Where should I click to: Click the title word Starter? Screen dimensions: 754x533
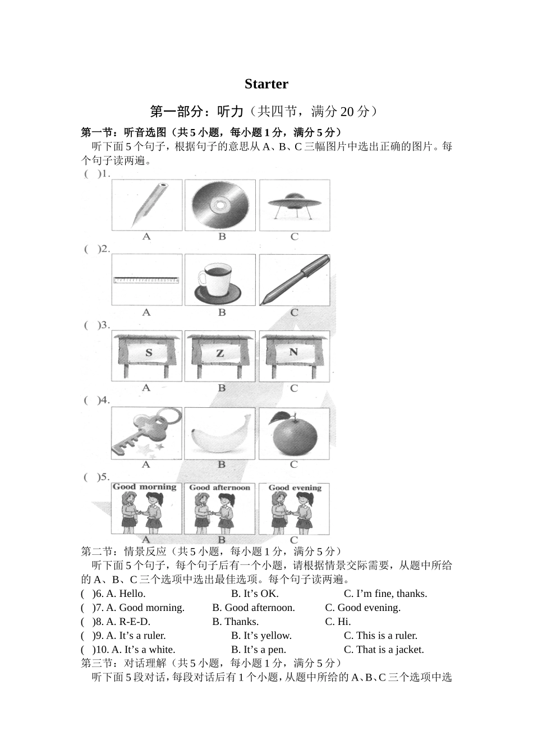click(266, 84)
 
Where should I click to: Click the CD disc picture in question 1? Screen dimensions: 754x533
click(220, 205)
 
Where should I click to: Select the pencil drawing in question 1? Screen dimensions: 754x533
click(148, 204)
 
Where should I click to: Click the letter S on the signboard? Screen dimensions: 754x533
click(149, 353)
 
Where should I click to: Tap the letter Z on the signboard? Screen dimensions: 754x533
click(220, 353)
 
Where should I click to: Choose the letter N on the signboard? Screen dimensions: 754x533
click(293, 352)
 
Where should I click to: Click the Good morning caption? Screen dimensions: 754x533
click(145, 487)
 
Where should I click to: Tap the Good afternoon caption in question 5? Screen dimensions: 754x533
click(219, 488)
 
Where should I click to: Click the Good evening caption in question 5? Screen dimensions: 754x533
click(295, 488)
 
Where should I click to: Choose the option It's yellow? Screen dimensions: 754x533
click(261, 636)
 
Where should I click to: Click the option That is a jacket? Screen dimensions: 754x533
click(384, 650)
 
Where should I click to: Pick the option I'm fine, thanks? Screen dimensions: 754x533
click(385, 594)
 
